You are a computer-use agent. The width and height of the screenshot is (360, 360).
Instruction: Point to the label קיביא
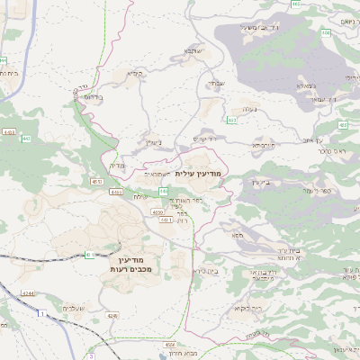[136, 73]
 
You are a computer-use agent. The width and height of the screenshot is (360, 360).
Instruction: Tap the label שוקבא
[194, 50]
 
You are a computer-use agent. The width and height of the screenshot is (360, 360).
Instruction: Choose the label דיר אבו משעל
[256, 28]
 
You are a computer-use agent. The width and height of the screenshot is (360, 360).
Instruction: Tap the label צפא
[237, 235]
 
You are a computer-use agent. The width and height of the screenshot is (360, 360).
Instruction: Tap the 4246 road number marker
[112, 316]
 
